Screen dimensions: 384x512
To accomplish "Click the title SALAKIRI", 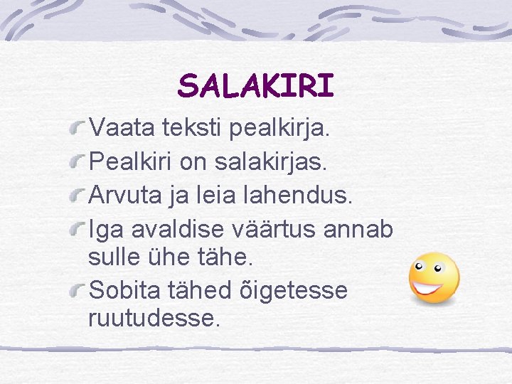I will (255, 86).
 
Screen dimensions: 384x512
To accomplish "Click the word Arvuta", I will (125, 196).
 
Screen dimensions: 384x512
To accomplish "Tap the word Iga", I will (104, 230).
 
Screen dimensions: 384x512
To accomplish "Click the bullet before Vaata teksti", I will (78, 129).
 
